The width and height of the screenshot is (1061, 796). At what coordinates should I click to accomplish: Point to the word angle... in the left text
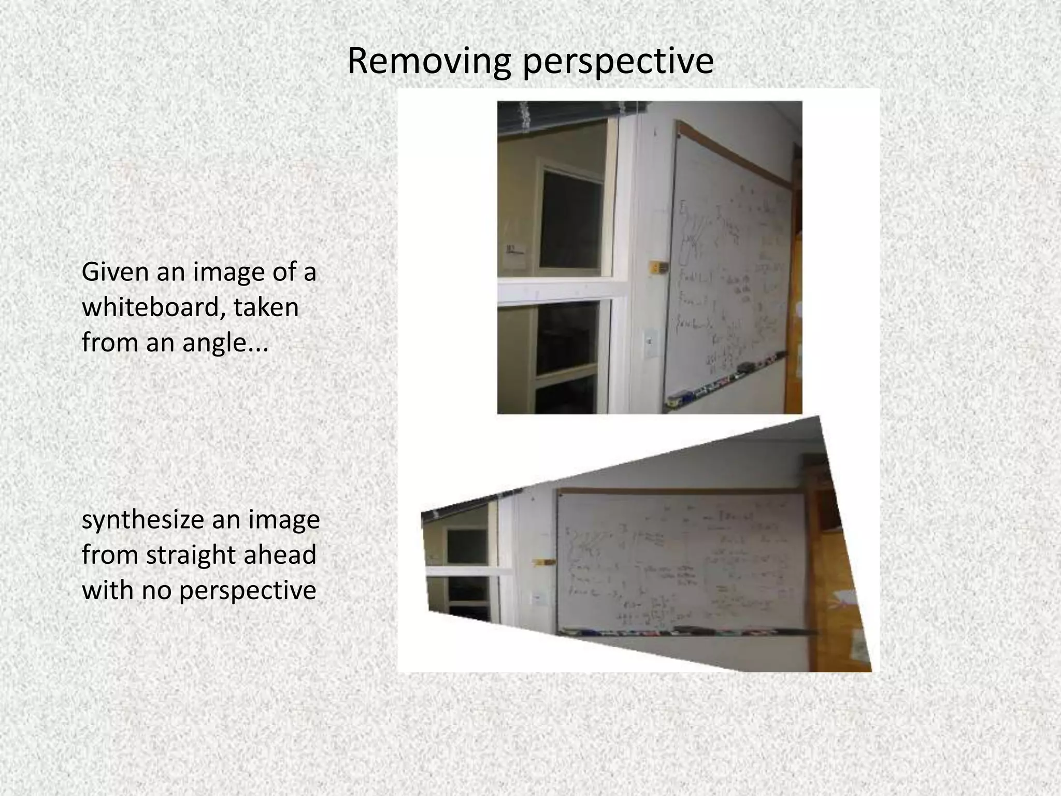pyautogui.click(x=225, y=343)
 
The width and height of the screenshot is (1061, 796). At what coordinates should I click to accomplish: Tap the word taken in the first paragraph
pyautogui.click(x=266, y=307)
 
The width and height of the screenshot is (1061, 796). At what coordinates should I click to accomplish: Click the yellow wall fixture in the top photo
pyautogui.click(x=659, y=267)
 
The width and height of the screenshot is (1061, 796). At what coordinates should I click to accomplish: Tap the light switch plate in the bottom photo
pyautogui.click(x=539, y=599)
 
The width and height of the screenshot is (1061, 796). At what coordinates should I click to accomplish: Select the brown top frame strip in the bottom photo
pyautogui.click(x=679, y=490)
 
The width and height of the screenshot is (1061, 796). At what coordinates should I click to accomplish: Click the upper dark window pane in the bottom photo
pyautogui.click(x=466, y=548)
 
